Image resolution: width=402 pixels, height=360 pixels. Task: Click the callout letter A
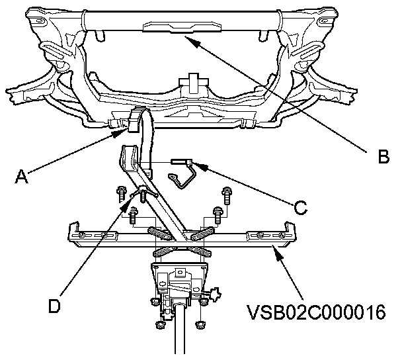click(22, 176)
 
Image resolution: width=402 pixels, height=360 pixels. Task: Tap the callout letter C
click(300, 208)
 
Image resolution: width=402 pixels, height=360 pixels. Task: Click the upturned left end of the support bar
click(72, 231)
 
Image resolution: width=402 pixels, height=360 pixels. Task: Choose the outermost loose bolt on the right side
click(227, 195)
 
